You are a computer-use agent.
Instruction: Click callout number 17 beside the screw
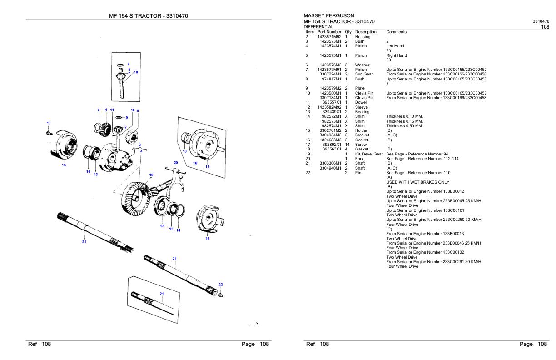(x=49, y=123)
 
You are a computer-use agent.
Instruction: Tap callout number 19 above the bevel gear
(x=151, y=175)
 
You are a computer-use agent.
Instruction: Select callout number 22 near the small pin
(x=221, y=285)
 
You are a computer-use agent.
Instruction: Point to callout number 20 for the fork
(x=175, y=162)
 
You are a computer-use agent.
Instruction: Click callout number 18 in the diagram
(x=184, y=151)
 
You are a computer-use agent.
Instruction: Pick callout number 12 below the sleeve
(x=162, y=226)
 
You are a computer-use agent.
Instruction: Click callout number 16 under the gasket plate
(x=195, y=163)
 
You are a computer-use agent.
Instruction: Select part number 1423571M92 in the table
(x=330, y=37)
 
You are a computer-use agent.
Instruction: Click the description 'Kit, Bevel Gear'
(x=369, y=154)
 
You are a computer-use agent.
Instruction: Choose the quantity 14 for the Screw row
(x=347, y=145)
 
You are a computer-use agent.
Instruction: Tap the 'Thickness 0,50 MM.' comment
(x=404, y=126)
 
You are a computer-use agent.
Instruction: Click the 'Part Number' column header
(x=330, y=32)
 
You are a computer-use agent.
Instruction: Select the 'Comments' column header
(x=396, y=32)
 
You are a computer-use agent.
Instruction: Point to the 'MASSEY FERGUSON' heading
(x=328, y=16)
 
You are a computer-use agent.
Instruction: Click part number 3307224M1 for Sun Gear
(x=331, y=74)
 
